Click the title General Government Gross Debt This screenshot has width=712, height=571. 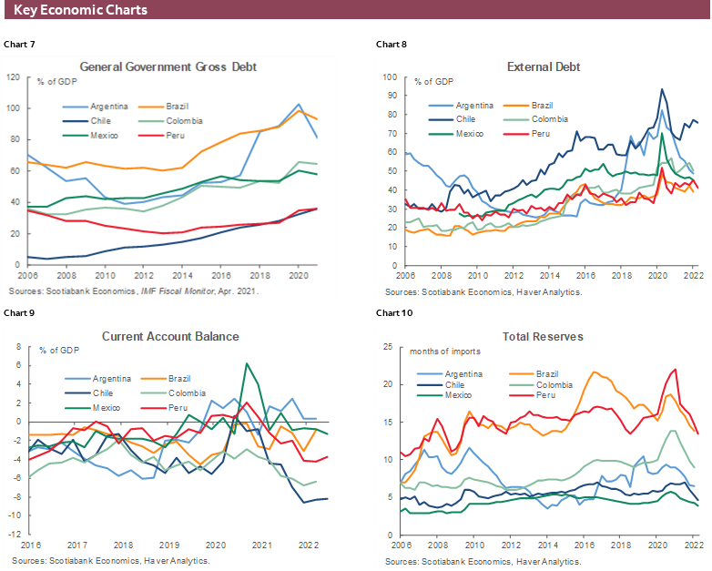coord(168,66)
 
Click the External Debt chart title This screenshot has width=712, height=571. coord(544,66)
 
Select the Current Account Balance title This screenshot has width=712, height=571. coord(170,336)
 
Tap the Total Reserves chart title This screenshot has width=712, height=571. coord(544,336)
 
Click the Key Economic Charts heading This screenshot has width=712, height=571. coord(81,11)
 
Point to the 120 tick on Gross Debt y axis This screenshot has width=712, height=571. coord(13,77)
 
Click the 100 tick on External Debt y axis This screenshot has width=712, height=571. coord(389,77)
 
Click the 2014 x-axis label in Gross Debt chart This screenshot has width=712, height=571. coord(183,274)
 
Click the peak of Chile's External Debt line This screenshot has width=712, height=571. coord(662,89)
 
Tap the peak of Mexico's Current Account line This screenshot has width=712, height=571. coord(246,363)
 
